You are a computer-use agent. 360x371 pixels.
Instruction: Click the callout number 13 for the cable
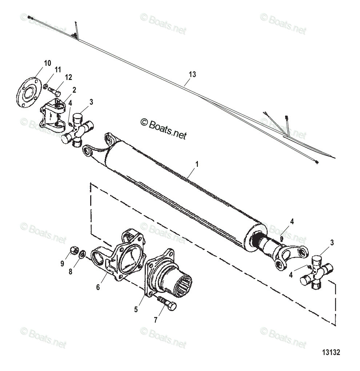click(192, 74)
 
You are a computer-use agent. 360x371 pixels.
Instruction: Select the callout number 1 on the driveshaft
click(197, 164)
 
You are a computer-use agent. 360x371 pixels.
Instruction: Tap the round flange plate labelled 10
click(27, 92)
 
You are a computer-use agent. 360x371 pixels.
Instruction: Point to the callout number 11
click(58, 70)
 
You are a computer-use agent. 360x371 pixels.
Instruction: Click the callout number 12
click(68, 77)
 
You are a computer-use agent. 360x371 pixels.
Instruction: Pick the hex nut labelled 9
click(74, 250)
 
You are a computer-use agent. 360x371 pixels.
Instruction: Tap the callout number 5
click(136, 310)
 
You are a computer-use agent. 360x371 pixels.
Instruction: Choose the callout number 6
click(98, 287)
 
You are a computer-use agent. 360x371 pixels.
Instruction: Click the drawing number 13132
click(331, 352)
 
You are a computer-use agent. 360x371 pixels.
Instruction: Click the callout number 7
click(156, 320)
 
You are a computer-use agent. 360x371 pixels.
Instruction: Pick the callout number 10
click(47, 63)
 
